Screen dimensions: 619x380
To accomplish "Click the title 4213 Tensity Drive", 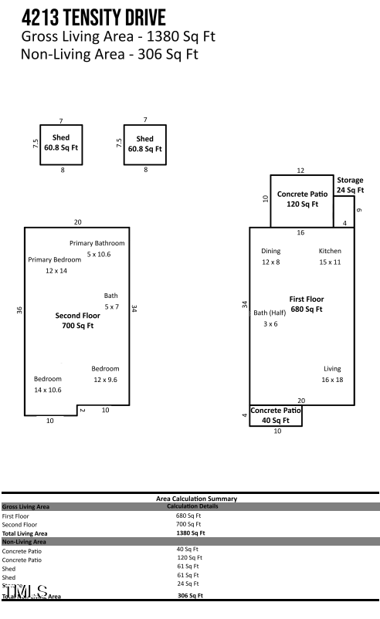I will [93, 17].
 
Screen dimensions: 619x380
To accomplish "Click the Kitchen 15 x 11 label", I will [330, 256].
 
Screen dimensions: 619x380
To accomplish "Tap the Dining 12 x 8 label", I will [270, 256].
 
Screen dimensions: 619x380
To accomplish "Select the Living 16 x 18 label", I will [332, 374].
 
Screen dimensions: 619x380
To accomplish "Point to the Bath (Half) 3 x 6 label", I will [270, 318].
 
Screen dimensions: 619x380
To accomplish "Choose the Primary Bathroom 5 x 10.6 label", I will [97, 249].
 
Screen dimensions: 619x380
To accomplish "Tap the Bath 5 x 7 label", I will [111, 301].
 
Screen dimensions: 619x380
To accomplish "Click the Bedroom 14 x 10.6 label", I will [48, 384].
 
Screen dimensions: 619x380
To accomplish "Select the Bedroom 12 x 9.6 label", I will [105, 374].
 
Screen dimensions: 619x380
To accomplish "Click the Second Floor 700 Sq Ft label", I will [77, 320].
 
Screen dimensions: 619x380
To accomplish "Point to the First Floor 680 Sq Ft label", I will [307, 304].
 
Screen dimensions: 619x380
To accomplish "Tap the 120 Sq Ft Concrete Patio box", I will [301, 200].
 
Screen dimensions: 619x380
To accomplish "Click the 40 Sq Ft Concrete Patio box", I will [275, 416].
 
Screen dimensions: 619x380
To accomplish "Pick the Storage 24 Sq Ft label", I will [350, 185].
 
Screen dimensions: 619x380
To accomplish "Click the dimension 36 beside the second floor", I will [19, 309].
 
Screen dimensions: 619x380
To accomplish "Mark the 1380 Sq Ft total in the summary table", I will [191, 533].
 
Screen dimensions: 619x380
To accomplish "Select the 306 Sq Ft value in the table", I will [191, 596].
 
